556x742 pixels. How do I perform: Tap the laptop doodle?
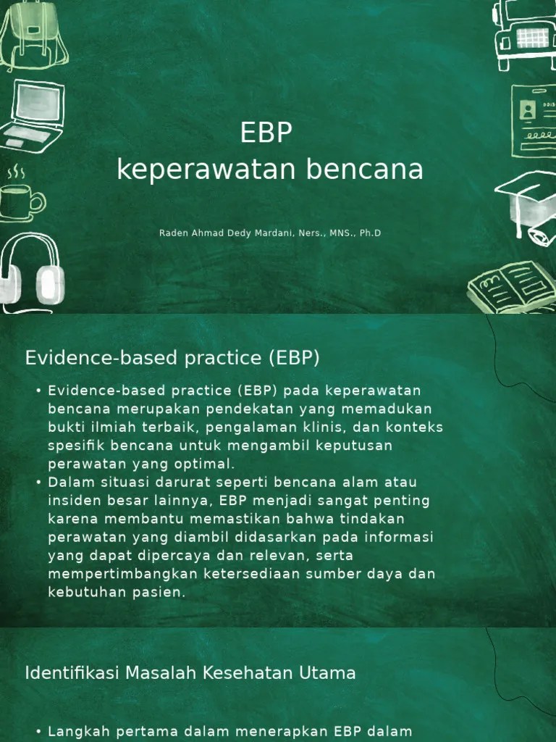pos(33,116)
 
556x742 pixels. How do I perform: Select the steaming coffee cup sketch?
pos(20,197)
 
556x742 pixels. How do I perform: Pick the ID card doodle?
pos(534,120)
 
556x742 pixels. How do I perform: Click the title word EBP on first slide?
pos(266,133)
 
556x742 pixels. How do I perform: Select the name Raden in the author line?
pos(172,233)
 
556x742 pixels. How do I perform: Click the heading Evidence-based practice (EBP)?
pos(172,358)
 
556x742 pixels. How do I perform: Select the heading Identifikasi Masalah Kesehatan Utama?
pos(190,673)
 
